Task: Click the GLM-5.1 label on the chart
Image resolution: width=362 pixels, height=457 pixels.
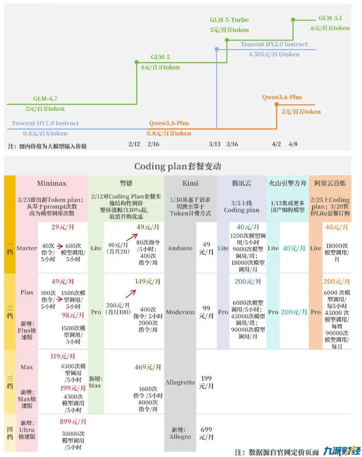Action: (x=330, y=18)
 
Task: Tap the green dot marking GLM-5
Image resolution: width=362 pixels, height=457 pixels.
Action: (x=137, y=62)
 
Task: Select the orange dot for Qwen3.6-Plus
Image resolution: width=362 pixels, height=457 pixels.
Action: (x=277, y=104)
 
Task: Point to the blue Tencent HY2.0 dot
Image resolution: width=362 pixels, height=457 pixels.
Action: (x=217, y=49)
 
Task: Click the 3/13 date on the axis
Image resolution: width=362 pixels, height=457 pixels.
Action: (x=215, y=144)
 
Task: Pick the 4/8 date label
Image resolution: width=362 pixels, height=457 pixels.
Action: (x=293, y=144)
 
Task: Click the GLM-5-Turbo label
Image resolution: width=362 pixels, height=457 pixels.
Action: (x=229, y=20)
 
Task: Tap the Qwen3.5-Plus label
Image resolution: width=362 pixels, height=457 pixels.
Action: (x=169, y=123)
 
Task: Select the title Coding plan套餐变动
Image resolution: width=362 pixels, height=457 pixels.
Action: (x=178, y=166)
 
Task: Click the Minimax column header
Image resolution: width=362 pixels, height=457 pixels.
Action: (x=52, y=183)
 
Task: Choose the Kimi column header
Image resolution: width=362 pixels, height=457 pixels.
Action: (x=190, y=183)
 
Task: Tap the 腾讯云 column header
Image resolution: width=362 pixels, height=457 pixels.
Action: (x=242, y=183)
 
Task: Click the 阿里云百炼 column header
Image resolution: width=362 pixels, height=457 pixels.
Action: (x=330, y=183)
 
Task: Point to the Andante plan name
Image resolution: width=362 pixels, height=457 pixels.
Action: (x=180, y=248)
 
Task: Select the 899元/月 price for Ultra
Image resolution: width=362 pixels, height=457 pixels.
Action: (x=73, y=422)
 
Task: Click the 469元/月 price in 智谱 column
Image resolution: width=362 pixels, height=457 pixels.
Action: (x=148, y=367)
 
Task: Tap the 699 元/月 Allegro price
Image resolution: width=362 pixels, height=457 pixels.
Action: (x=206, y=433)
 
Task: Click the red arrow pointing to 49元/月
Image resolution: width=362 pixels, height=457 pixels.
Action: (x=132, y=237)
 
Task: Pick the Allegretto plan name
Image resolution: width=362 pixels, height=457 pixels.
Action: (x=180, y=382)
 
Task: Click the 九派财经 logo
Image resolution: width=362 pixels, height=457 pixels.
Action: (x=342, y=451)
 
